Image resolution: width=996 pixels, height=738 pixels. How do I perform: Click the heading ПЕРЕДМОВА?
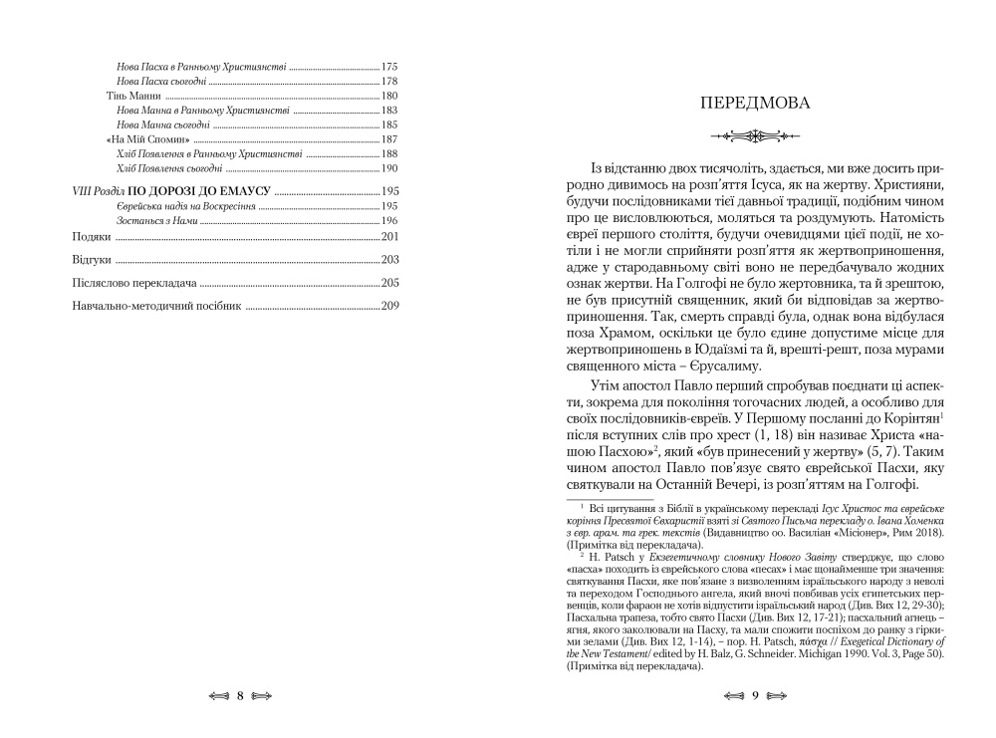point(756,103)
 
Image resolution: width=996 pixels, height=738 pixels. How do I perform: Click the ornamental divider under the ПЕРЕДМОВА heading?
point(756,135)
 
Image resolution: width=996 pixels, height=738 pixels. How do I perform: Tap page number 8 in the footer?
point(240,695)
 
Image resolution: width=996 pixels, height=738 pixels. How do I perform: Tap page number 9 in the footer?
point(756,695)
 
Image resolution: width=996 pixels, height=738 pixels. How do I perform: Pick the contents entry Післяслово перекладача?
point(132,284)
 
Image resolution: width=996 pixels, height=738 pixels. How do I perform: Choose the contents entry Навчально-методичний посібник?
point(157,308)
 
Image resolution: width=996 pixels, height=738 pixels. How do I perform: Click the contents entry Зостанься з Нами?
point(159,219)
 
